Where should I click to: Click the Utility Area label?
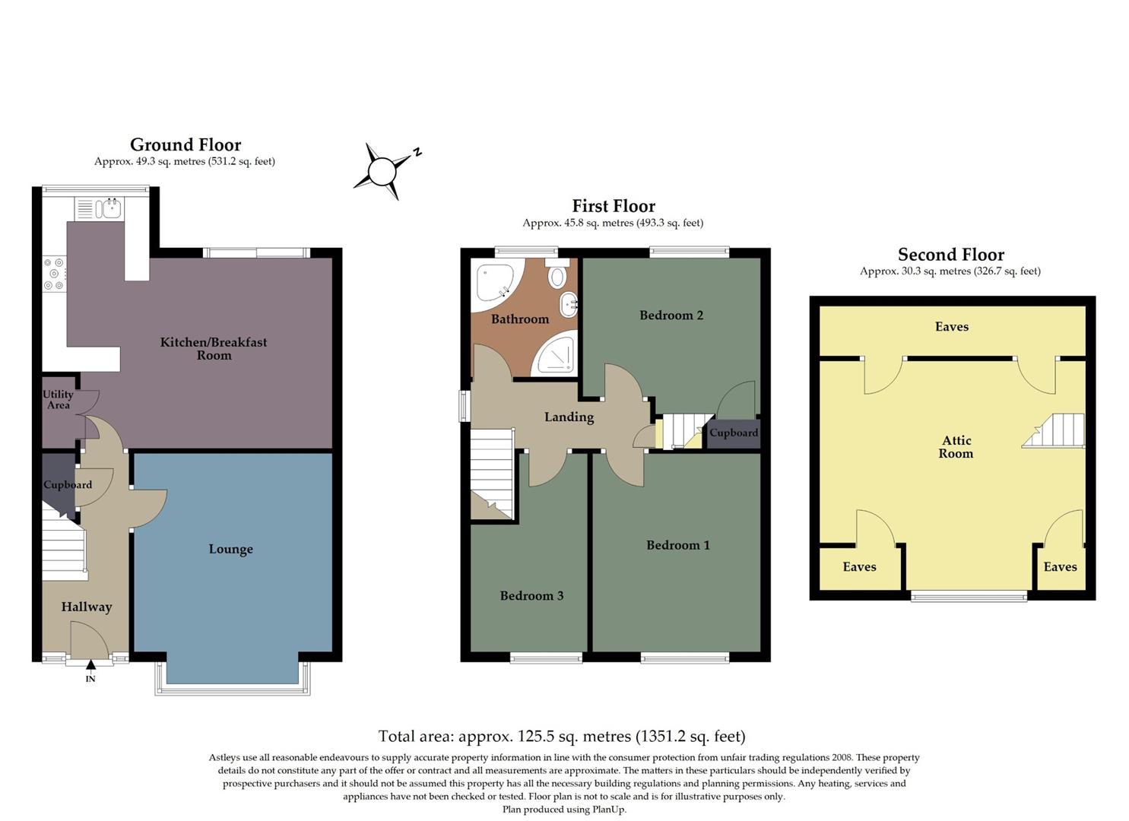point(58,399)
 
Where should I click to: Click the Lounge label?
point(230,549)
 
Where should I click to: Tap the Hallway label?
point(87,607)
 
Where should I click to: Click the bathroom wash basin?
point(567,306)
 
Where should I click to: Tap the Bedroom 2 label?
point(671,315)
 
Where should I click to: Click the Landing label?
point(569,417)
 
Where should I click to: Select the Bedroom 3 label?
point(531,595)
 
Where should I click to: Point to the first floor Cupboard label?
point(733,433)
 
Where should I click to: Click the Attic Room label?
point(956,447)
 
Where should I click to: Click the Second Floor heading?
point(950,255)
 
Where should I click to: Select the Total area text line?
point(562,736)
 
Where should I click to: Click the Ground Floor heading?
point(186,144)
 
